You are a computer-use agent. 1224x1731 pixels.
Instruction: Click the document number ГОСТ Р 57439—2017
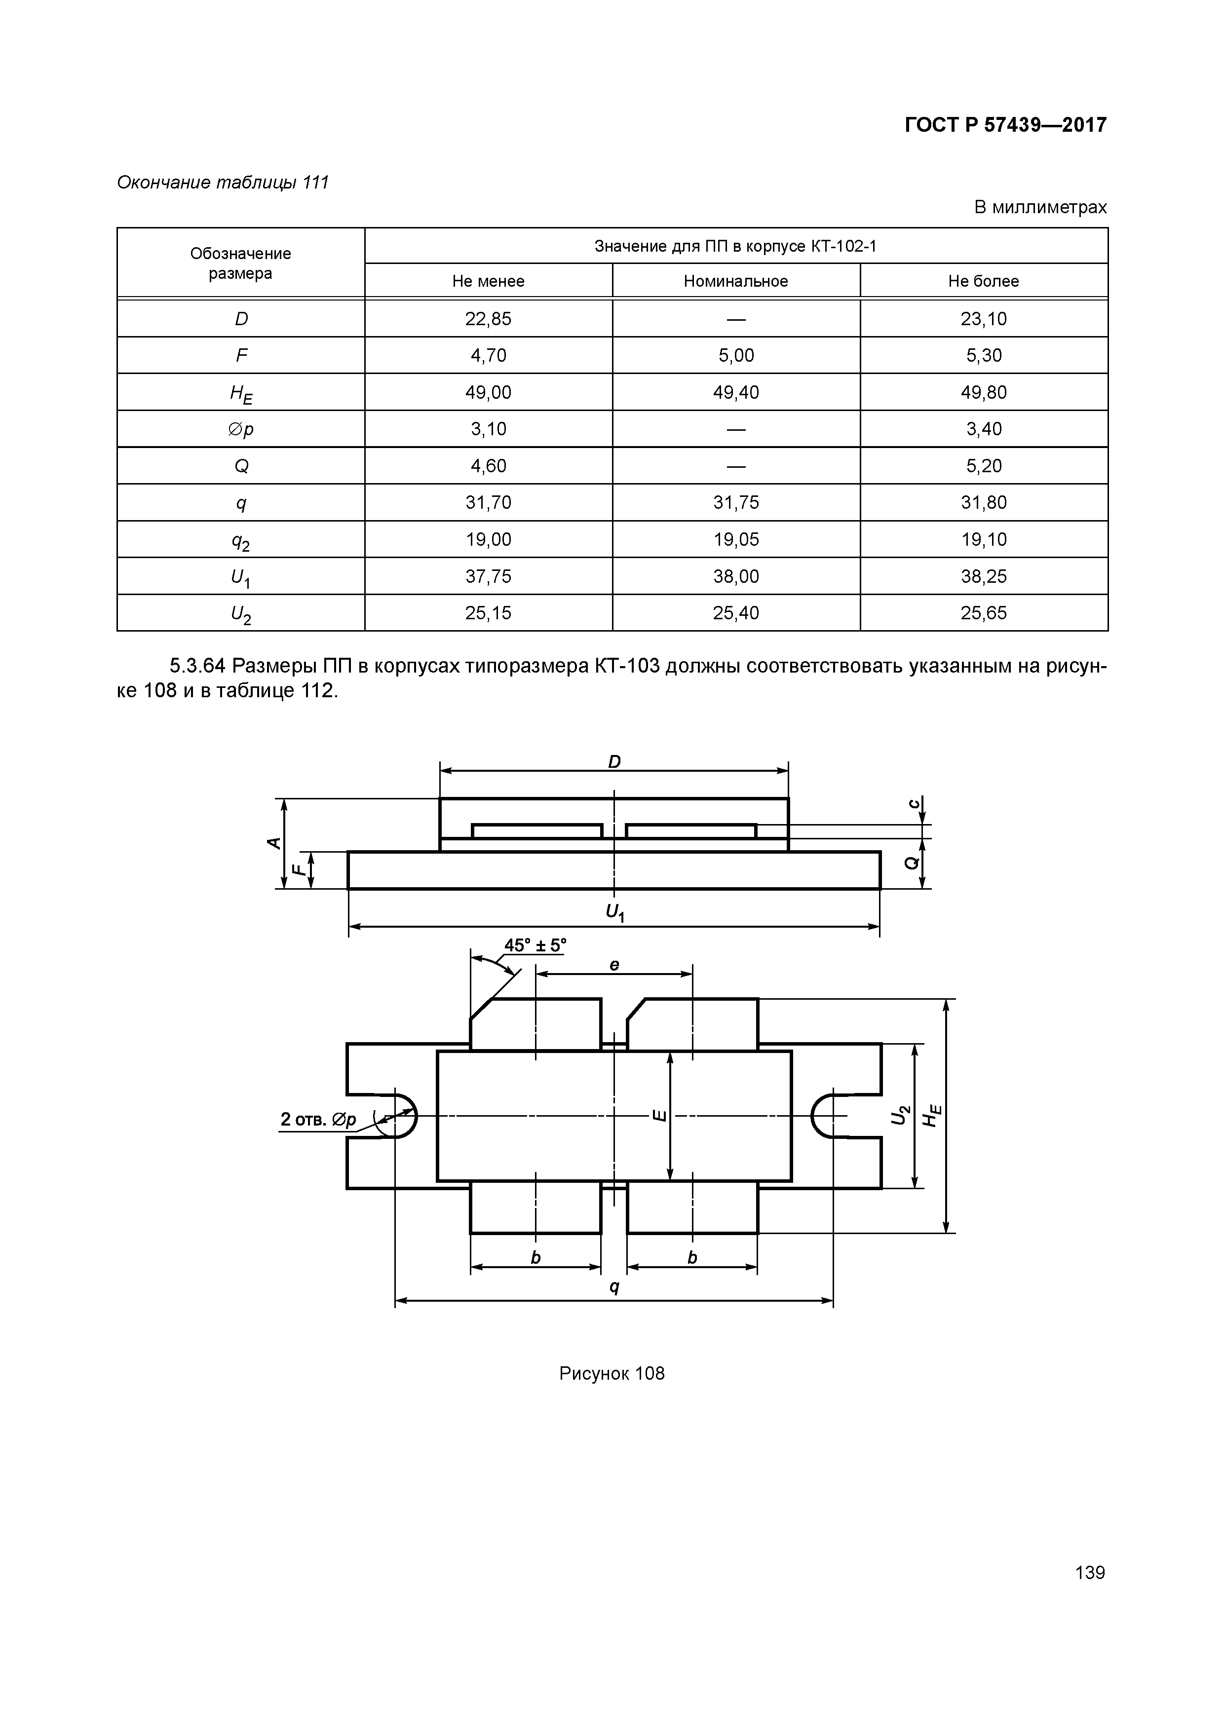pos(1005,125)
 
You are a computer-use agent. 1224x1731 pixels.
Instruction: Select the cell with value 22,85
pos(488,319)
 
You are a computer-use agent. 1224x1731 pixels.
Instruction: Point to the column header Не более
pos(984,281)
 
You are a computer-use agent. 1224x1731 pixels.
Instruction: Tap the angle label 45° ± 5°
pos(535,945)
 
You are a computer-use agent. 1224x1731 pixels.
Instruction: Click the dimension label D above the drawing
pos(614,762)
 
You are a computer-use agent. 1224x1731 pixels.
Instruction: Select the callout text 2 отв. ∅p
pos(317,1120)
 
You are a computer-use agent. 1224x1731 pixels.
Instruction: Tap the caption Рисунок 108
pos(612,1374)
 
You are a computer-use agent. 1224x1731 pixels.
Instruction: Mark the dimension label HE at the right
pos(933,1115)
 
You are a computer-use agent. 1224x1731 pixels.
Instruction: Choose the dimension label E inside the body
pos(658,1115)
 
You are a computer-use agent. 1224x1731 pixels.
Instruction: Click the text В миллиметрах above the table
pos(1040,207)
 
